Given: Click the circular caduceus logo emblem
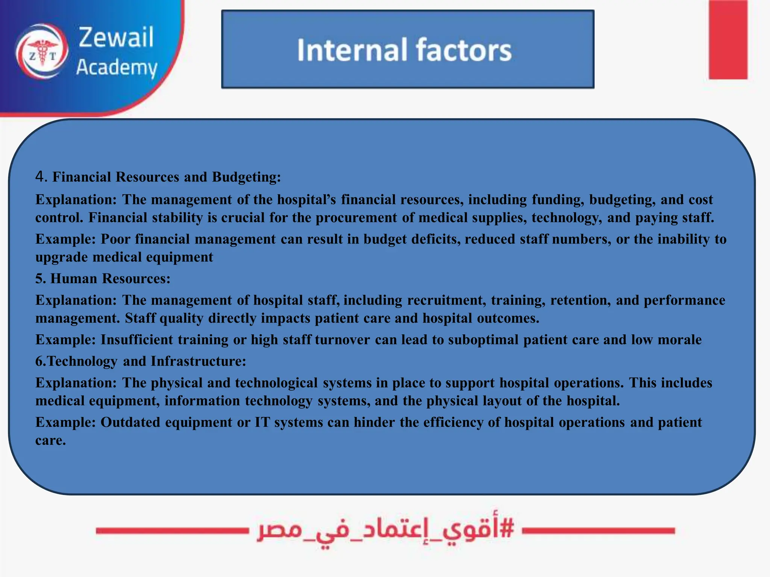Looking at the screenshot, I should pyautogui.click(x=42, y=51).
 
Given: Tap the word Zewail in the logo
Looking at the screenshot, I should pyautogui.click(x=116, y=37).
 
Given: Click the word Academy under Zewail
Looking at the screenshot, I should pyautogui.click(x=117, y=68).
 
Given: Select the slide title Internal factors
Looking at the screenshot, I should pyautogui.click(x=404, y=50).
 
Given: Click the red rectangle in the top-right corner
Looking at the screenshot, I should pyautogui.click(x=728, y=39).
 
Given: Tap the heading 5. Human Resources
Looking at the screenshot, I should pyautogui.click(x=103, y=278).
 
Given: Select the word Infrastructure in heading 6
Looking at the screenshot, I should pyautogui.click(x=198, y=361).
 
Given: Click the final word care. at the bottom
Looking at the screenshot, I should pyautogui.click(x=50, y=440).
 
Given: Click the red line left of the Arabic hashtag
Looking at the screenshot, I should pyautogui.click(x=172, y=530).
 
